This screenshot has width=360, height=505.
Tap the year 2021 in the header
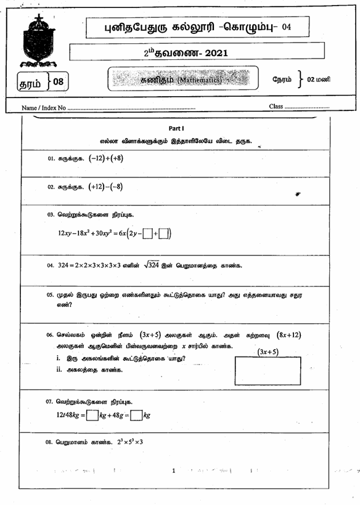(x=214, y=53)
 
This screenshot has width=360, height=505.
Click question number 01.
(x=51, y=158)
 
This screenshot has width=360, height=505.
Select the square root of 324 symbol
(x=151, y=265)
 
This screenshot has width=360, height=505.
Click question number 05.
(x=51, y=295)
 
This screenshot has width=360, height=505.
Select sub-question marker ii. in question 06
(x=59, y=370)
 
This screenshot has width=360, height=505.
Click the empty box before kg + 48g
(x=92, y=415)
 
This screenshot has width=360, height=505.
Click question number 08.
(x=51, y=442)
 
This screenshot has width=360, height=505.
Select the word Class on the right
(x=276, y=106)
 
